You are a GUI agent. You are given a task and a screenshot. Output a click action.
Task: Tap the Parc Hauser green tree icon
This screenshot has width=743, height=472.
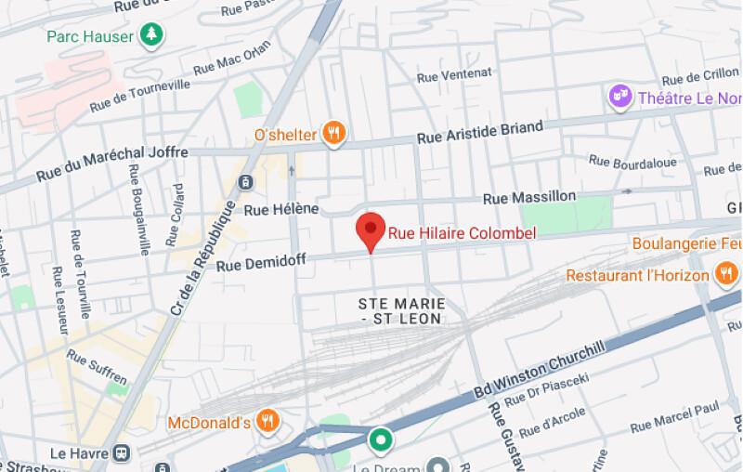point(150,36)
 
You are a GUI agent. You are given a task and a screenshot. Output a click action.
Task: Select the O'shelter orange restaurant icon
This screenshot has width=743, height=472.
point(334,134)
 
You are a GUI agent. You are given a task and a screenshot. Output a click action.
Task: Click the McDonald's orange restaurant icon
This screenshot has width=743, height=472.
point(267,422)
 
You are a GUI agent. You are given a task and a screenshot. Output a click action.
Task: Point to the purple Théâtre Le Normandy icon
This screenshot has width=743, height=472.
point(618,96)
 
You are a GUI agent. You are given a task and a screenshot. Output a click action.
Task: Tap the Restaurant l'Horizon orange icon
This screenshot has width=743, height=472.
point(724,273)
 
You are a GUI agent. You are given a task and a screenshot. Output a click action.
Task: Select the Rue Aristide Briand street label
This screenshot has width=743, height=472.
point(480,132)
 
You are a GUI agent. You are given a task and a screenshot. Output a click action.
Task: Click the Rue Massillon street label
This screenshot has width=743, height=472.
point(529,197)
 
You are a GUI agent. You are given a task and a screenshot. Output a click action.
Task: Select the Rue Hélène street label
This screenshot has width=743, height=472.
point(281,209)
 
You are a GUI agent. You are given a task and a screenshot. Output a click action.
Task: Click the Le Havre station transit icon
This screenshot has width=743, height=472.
point(121,452)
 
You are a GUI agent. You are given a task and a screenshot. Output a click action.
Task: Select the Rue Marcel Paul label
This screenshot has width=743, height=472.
point(675,417)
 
